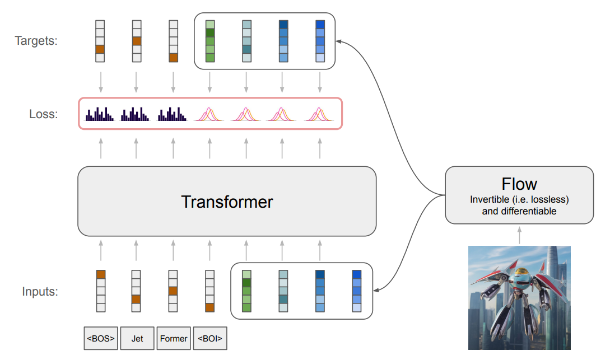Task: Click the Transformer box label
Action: (227, 202)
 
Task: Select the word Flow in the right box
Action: (519, 184)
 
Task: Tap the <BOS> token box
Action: (101, 338)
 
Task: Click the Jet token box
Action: (137, 338)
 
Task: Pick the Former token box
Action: (174, 338)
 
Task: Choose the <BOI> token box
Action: (210, 338)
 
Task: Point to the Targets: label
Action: (36, 41)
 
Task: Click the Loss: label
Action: (44, 114)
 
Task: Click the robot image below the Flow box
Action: (519, 298)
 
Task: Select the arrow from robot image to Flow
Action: (519, 235)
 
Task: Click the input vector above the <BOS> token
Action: (101, 291)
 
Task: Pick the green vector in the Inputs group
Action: (246, 291)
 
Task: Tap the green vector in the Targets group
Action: (210, 41)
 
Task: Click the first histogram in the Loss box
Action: (100, 114)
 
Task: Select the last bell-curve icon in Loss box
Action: (319, 114)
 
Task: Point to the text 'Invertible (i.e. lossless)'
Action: (519, 199)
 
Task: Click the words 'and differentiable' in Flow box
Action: (519, 212)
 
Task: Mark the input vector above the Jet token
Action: (136, 291)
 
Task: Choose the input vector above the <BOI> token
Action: (209, 291)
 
